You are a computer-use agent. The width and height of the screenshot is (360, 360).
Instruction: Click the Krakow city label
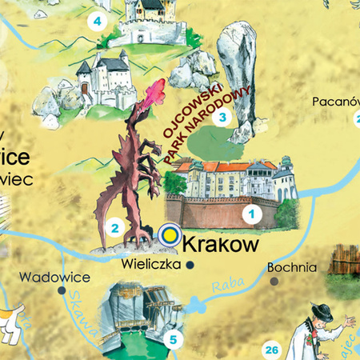219,240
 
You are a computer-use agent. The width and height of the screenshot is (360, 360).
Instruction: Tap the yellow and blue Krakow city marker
169,234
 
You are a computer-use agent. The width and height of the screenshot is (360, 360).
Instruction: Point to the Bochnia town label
294,268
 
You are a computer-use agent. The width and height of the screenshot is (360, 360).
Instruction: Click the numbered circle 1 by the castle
251,214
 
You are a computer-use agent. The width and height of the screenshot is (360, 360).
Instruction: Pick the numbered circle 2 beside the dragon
115,229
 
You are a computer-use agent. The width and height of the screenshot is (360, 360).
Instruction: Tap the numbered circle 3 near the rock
222,118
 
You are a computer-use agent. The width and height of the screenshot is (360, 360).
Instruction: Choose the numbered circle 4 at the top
98,22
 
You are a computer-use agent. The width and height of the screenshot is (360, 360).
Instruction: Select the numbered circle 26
272,350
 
